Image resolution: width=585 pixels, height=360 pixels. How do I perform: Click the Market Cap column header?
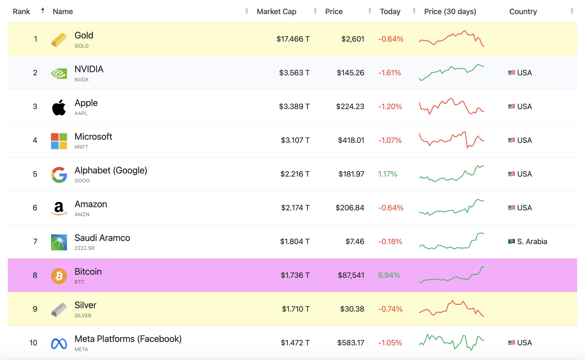click(x=277, y=12)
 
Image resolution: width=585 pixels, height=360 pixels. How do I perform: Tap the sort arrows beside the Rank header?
click(x=43, y=11)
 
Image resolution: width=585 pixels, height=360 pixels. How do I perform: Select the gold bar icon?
click(x=59, y=40)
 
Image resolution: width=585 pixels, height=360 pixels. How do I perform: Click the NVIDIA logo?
click(x=59, y=74)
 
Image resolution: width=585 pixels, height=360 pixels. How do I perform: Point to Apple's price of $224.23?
click(x=350, y=106)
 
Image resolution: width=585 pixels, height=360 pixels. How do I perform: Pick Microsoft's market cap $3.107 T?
click(x=295, y=140)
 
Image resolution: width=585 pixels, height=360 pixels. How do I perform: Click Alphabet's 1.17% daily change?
click(x=387, y=174)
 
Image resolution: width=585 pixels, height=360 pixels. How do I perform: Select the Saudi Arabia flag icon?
click(x=511, y=241)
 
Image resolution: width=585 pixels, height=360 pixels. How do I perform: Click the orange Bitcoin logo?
click(x=59, y=276)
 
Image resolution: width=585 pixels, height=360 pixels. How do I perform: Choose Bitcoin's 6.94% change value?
click(x=389, y=275)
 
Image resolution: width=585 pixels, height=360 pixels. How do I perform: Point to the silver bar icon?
click(x=59, y=310)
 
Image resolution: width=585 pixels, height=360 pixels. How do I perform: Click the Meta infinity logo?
click(x=59, y=344)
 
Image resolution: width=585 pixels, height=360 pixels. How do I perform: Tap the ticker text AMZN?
click(x=82, y=214)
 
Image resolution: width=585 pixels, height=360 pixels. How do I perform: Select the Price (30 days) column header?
click(x=450, y=12)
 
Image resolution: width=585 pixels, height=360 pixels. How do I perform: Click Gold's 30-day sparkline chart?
click(x=452, y=39)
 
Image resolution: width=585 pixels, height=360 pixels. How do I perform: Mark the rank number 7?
click(x=35, y=241)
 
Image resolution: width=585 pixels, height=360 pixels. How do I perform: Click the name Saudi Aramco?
click(x=102, y=238)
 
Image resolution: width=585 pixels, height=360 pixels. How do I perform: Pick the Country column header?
click(x=523, y=12)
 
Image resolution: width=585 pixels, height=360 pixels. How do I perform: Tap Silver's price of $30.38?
click(x=352, y=309)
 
